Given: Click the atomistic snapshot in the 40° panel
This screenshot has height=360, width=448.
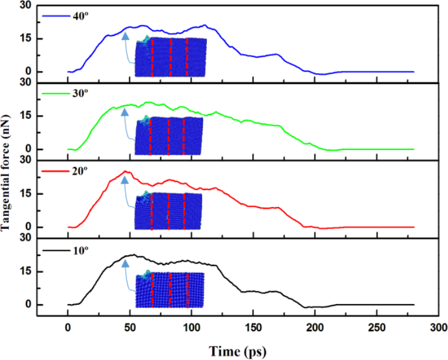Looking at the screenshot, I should (x=170, y=56).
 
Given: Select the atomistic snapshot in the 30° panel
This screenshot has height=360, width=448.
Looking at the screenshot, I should (x=169, y=135).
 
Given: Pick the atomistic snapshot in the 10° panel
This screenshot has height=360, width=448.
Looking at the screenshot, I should (x=170, y=290).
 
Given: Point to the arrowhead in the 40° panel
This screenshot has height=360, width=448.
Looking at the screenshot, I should (x=125, y=36).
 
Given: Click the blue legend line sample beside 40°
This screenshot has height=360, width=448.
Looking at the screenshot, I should (x=53, y=15).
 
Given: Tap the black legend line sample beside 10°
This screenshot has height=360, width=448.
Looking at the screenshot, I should (x=53, y=251).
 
